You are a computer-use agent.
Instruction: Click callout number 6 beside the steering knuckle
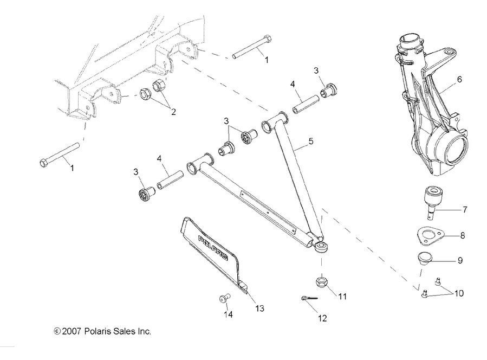pyautogui.click(x=459, y=79)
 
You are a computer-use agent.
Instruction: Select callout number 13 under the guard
pyautogui.click(x=259, y=308)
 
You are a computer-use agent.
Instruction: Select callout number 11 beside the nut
pyautogui.click(x=342, y=297)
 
